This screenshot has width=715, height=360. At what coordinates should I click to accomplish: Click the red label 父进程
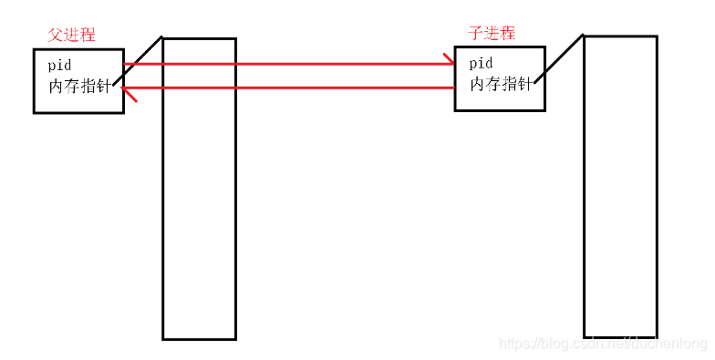[x=71, y=35]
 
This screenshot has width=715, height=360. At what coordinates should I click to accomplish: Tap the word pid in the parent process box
[x=59, y=66]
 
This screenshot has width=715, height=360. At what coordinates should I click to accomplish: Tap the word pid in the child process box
[x=481, y=64]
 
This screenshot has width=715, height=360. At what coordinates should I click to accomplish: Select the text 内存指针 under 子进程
[x=501, y=84]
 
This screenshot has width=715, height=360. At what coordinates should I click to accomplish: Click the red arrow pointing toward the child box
[x=292, y=65]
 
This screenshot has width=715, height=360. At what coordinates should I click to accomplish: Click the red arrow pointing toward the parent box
[x=292, y=88]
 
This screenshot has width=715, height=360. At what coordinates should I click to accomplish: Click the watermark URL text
[x=606, y=344]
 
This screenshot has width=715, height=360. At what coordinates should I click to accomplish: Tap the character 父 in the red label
[x=55, y=35]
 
